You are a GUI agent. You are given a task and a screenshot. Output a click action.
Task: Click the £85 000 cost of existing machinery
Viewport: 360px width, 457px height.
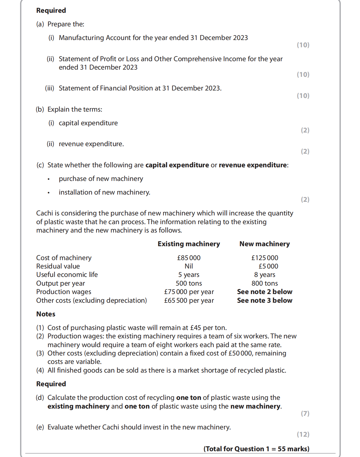[x=189, y=258]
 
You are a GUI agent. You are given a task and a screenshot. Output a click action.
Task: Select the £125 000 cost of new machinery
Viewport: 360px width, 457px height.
[x=265, y=258]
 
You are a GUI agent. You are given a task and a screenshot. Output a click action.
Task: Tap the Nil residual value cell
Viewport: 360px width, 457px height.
[x=189, y=266]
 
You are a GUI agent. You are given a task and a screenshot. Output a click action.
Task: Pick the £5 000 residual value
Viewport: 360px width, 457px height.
[x=268, y=266]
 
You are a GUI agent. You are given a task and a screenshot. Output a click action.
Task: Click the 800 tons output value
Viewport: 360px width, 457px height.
[x=265, y=283]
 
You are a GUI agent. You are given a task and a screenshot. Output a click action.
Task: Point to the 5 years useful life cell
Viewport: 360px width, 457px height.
[x=189, y=275]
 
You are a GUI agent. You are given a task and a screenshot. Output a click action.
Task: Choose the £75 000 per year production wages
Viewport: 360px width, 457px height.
[x=189, y=292]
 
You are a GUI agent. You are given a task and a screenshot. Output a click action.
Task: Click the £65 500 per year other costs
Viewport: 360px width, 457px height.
[x=189, y=300]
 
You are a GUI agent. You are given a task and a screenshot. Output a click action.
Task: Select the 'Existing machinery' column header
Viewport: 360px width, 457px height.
[x=189, y=244]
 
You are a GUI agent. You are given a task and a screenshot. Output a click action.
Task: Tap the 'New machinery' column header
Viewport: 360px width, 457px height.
[x=264, y=244]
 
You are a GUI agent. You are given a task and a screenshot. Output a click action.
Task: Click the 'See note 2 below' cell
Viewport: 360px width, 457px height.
[x=265, y=292]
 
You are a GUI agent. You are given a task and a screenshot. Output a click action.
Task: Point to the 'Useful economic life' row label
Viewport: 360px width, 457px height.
[x=67, y=275]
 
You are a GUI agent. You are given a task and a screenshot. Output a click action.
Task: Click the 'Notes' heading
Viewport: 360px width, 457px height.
[x=46, y=314]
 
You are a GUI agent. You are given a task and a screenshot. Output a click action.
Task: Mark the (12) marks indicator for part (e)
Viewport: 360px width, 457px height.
[x=303, y=434]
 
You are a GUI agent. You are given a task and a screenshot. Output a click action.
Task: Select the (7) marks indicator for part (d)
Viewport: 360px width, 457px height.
[x=305, y=414]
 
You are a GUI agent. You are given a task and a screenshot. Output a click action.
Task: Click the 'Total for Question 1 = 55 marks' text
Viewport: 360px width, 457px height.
[x=256, y=449]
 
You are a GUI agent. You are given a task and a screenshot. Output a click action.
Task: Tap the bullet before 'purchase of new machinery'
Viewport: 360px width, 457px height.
[x=49, y=179]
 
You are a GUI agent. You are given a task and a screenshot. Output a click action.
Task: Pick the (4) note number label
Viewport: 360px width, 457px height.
[x=40, y=370]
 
